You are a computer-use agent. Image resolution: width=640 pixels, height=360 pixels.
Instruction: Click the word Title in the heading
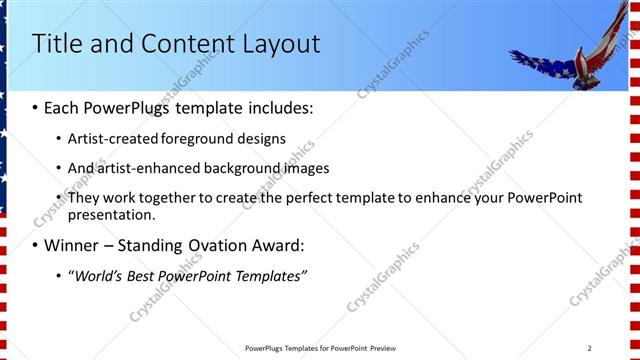click(57, 44)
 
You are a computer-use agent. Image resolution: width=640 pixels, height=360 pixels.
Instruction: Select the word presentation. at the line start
click(112, 214)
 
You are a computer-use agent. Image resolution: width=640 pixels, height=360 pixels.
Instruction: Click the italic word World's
click(97, 276)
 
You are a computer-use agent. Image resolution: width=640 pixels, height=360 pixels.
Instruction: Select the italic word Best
click(145, 276)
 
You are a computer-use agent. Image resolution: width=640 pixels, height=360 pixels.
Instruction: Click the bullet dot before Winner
click(36, 245)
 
